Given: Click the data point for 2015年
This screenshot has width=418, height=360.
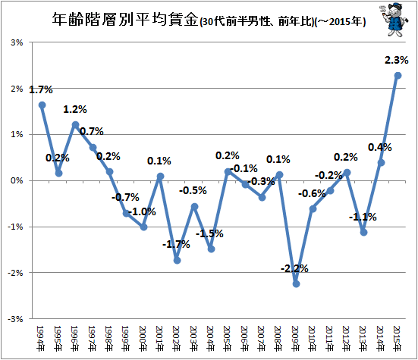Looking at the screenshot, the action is [x=398, y=76].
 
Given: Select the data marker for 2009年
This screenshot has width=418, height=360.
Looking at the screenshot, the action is [x=296, y=284].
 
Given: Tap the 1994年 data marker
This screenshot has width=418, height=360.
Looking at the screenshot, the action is [x=42, y=105].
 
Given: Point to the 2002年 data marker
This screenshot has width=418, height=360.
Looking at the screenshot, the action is [x=178, y=261].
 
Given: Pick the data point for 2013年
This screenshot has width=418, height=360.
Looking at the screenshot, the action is [x=364, y=233].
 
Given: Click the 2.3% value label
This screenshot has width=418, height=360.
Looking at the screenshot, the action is [x=397, y=60].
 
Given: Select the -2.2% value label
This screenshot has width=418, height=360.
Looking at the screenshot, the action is [x=294, y=268].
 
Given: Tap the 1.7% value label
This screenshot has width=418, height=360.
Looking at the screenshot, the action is [x=41, y=89].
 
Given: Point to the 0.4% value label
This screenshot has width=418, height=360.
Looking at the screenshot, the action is [x=380, y=147].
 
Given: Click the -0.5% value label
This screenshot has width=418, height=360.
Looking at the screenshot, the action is [x=193, y=190].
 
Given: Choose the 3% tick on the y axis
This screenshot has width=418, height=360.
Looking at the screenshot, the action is [x=17, y=42].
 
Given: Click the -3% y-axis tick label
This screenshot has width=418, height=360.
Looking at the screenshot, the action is [x=15, y=319].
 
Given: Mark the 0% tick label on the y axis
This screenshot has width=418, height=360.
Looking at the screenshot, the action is [x=17, y=180].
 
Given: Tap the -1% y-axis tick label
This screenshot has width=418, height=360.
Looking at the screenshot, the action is [x=15, y=227].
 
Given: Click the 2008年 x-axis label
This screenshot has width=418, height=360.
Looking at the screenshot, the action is [x=278, y=339].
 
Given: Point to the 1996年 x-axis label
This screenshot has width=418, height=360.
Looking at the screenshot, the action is [x=75, y=339].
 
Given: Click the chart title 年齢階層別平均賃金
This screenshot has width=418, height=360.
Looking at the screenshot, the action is [x=125, y=20].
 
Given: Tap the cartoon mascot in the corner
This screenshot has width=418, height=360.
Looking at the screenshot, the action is [x=394, y=20].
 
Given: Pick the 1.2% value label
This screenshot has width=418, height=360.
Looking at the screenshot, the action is [x=75, y=109].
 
